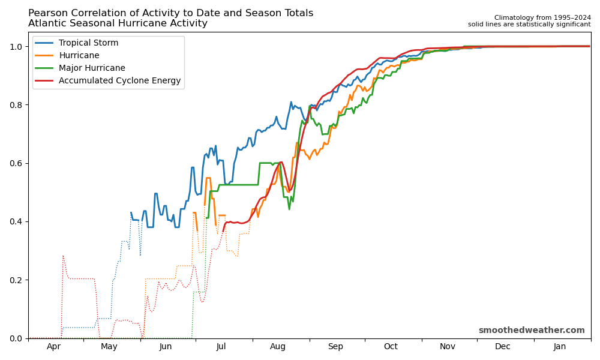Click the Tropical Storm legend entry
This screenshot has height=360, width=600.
(88, 43)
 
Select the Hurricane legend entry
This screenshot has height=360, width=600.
(79, 56)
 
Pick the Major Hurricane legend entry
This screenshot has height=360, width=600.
(92, 68)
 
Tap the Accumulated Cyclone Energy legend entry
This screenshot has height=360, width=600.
(119, 81)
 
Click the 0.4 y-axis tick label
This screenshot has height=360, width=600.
(17, 222)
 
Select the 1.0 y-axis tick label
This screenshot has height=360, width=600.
(17, 47)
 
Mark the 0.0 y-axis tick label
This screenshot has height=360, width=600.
(17, 338)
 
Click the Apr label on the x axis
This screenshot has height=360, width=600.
(53, 347)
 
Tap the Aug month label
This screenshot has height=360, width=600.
(278, 347)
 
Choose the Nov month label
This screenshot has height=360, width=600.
(448, 347)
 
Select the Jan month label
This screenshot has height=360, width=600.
(560, 347)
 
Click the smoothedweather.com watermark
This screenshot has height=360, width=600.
(531, 331)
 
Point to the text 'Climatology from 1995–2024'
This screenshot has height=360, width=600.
(542, 18)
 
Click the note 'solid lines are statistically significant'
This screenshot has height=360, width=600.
(529, 25)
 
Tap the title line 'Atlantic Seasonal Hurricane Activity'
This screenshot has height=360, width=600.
(118, 24)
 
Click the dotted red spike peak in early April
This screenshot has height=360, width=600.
(62, 256)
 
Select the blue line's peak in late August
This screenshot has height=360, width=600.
(291, 102)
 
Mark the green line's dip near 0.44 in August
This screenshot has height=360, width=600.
(289, 209)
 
